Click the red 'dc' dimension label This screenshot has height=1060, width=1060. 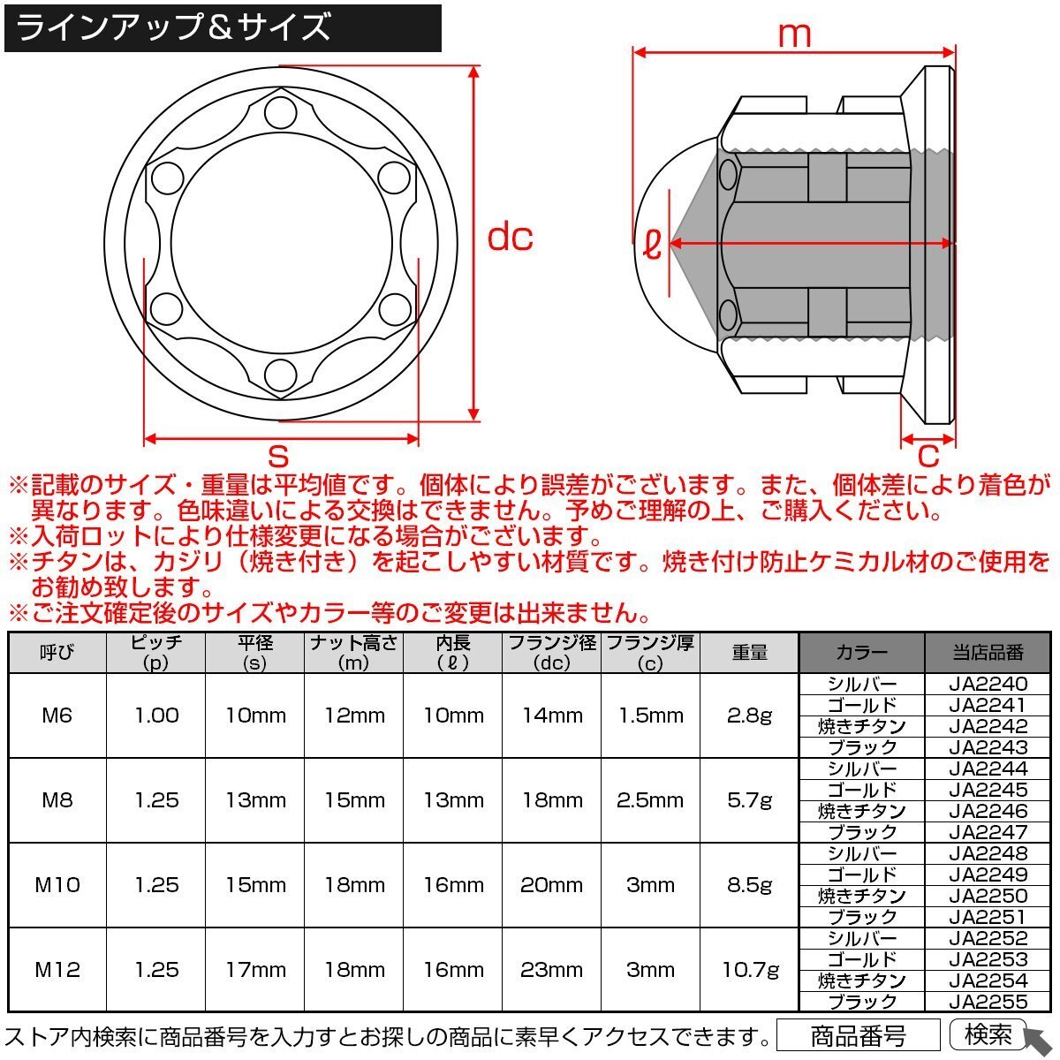coord(510,238)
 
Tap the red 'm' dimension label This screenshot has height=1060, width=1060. coord(794,34)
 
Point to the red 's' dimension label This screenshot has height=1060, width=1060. coord(278,456)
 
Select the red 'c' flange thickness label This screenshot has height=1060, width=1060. coord(928,456)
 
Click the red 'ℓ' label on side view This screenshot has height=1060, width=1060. coord(652,244)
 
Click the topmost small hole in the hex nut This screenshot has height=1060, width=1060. coord(281,113)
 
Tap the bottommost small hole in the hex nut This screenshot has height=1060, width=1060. coord(281,374)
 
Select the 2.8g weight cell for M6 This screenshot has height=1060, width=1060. coord(749,715)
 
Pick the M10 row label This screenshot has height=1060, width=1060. coord(57,884)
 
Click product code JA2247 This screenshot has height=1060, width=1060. coord(988,832)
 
